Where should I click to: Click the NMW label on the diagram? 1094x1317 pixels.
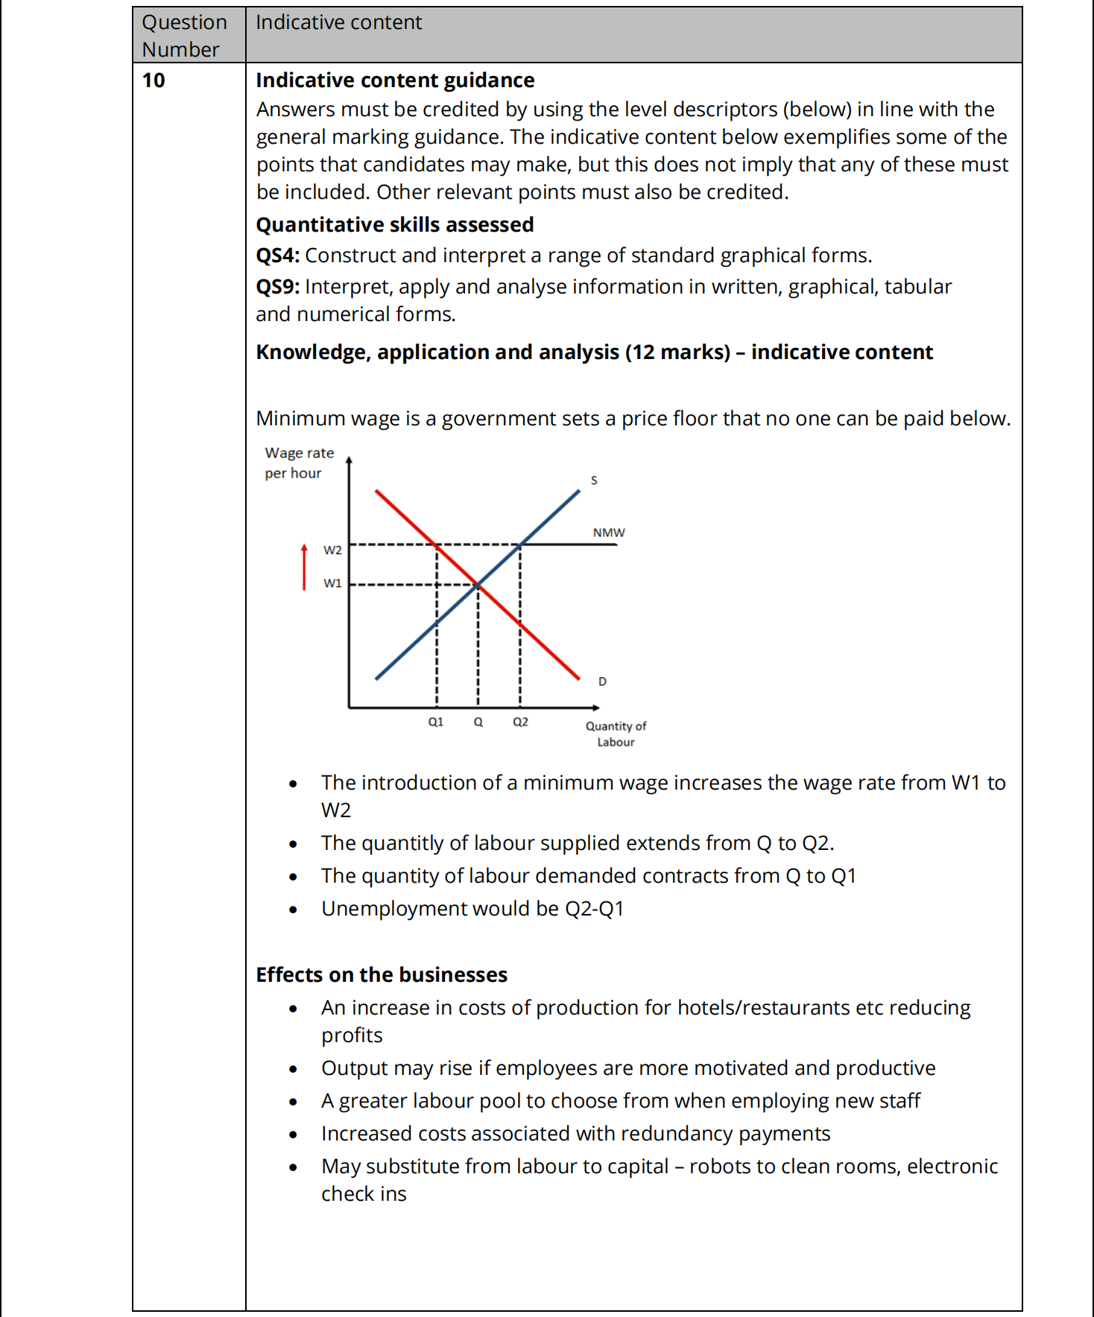pyautogui.click(x=609, y=533)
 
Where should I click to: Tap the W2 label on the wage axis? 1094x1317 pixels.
pyautogui.click(x=332, y=550)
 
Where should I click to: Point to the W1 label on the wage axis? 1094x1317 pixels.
pyautogui.click(x=332, y=583)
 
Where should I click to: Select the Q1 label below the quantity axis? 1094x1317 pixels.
pyautogui.click(x=436, y=722)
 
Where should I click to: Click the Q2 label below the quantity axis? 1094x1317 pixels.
pyautogui.click(x=520, y=722)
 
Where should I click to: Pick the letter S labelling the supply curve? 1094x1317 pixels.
pyautogui.click(x=594, y=480)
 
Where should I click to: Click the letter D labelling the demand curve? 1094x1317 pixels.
pyautogui.click(x=602, y=682)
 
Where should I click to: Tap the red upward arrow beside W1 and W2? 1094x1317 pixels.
pyautogui.click(x=304, y=567)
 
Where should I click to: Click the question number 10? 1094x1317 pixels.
pyautogui.click(x=154, y=80)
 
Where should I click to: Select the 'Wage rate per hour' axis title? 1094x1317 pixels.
pyautogui.click(x=299, y=463)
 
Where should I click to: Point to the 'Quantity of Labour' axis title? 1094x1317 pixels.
pyautogui.click(x=616, y=734)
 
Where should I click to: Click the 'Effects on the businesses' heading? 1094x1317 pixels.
pyautogui.click(x=382, y=975)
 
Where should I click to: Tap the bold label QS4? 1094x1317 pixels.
pyautogui.click(x=278, y=256)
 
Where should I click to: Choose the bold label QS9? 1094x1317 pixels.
pyautogui.click(x=278, y=287)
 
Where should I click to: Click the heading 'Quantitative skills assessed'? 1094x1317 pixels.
pyautogui.click(x=395, y=225)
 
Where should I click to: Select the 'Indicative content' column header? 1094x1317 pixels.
pyautogui.click(x=338, y=22)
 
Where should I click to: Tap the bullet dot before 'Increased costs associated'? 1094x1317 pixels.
pyautogui.click(x=294, y=1135)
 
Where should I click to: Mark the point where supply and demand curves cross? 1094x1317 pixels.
pyautogui.click(x=478, y=585)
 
